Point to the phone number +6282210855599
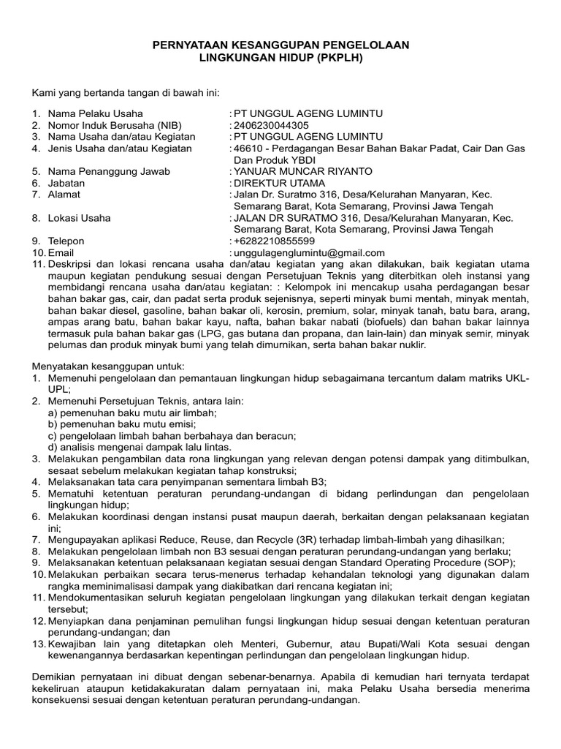pyautogui.click(x=275, y=241)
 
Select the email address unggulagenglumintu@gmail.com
pyautogui.click(x=309, y=252)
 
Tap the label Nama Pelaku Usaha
pyautogui.click(x=96, y=113)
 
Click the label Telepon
pyautogui.click(x=66, y=241)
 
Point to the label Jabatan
pyautogui.click(x=66, y=183)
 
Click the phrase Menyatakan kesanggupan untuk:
pyautogui.click(x=107, y=365)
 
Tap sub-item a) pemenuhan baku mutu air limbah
pyautogui.click(x=132, y=413)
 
